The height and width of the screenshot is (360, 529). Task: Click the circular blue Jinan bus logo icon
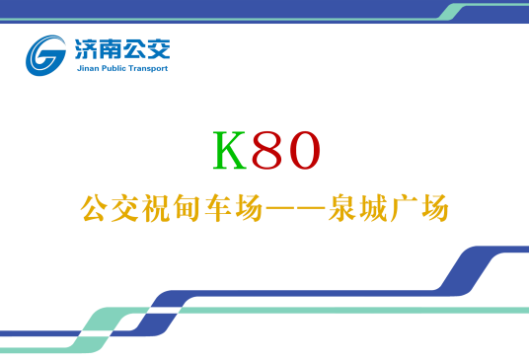46,54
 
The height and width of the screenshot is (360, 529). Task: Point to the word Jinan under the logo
88,69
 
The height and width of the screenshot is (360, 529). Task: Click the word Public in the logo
116,69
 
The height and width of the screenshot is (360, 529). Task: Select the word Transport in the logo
149,69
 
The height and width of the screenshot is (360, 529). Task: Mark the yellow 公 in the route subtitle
95,209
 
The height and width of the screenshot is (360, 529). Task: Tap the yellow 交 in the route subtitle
124,209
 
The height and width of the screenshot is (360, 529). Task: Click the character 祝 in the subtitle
154,209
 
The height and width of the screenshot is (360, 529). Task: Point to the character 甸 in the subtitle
184,209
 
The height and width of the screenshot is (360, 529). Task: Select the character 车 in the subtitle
212,209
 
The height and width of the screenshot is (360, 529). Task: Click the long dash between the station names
285,210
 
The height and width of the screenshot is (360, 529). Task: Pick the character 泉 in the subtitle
345,209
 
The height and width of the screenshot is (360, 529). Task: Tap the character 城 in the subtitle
375,209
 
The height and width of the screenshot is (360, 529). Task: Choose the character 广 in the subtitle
405,209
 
